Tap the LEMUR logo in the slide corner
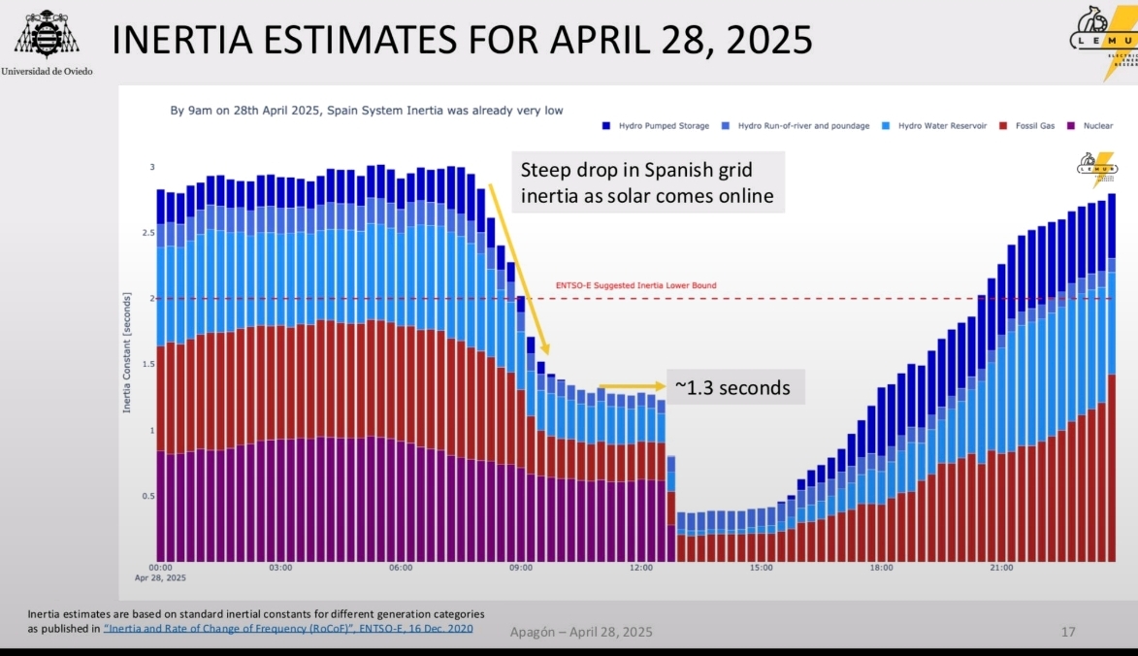tap(1104, 42)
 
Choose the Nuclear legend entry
tap(1094, 126)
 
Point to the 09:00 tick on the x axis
tap(521, 567)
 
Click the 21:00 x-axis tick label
tap(1001, 567)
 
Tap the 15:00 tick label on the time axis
tap(761, 567)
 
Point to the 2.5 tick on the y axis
tap(148, 233)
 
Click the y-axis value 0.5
tap(148, 496)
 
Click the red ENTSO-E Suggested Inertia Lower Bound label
tap(635, 285)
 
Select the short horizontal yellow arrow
tap(632, 386)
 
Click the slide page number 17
tap(1068, 632)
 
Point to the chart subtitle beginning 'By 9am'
tap(367, 111)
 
